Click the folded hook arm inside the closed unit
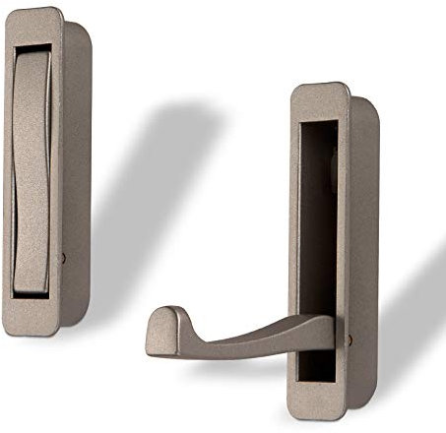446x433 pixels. point(32,167)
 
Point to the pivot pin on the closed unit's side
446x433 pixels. point(63,258)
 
